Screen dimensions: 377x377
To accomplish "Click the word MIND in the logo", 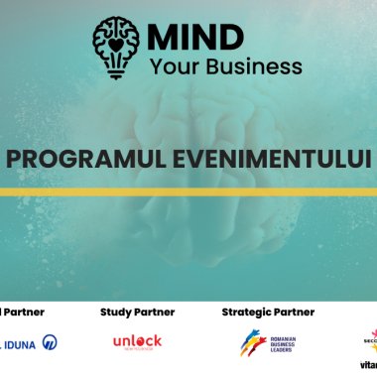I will (194, 37).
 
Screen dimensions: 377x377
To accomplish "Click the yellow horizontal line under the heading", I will (188, 191).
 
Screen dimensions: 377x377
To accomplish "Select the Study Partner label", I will (137, 312).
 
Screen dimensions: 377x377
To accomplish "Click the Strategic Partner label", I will (268, 312).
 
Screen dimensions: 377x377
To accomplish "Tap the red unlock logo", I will (137, 342).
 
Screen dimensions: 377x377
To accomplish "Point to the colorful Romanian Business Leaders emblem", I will (252, 342).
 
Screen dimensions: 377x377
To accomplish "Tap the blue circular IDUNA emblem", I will (50, 342).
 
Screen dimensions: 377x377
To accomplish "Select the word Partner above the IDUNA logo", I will (22, 312).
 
